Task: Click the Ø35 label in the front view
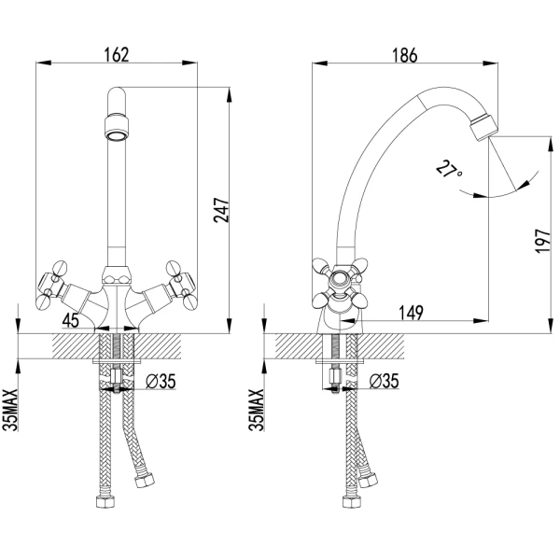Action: tap(161, 381)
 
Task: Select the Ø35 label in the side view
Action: tap(384, 381)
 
